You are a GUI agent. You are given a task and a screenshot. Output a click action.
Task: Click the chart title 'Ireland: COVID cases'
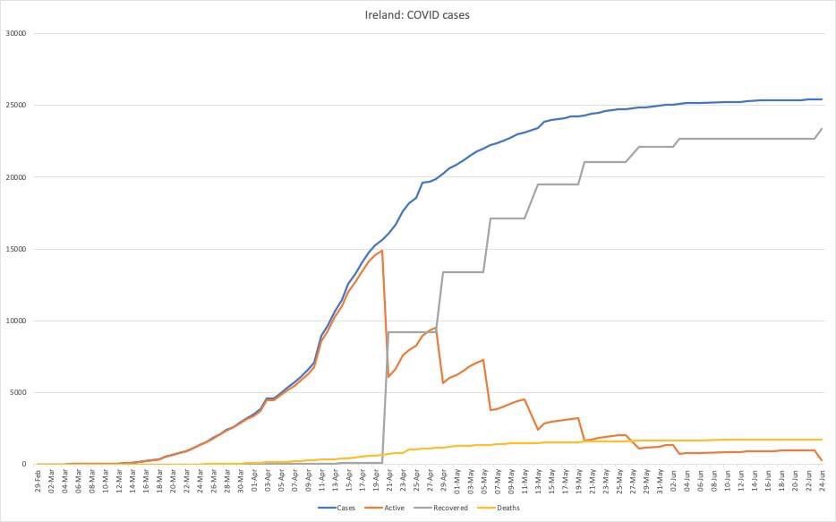pyautogui.click(x=418, y=14)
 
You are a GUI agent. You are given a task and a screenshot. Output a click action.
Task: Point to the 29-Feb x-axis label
pyautogui.click(x=38, y=481)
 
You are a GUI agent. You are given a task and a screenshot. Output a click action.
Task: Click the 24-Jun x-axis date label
pyautogui.click(x=822, y=481)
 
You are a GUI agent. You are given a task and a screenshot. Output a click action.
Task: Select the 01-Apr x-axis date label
pyautogui.click(x=254, y=481)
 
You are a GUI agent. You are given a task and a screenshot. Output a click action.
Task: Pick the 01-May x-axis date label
pyautogui.click(x=456, y=481)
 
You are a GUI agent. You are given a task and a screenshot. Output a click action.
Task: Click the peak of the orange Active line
pyautogui.click(x=382, y=251)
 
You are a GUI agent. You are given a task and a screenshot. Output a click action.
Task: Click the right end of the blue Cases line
pyautogui.click(x=822, y=99)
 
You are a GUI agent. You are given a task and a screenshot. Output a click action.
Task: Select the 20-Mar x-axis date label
pyautogui.click(x=173, y=481)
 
